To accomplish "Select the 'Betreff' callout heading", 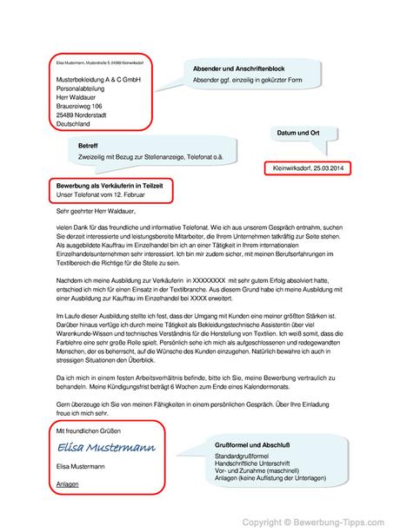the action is click(x=88, y=144).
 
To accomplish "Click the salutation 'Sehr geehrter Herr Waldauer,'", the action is click(x=96, y=209).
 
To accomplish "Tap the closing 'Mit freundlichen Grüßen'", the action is click(x=90, y=430).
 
